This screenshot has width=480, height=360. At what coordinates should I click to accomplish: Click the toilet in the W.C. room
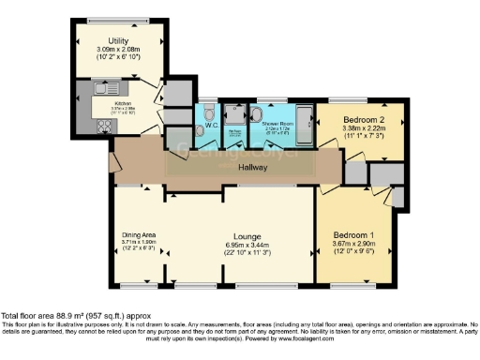[x=208, y=114]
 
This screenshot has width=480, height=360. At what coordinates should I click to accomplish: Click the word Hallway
[x=251, y=168]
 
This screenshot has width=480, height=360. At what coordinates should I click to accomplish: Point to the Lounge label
[x=247, y=236]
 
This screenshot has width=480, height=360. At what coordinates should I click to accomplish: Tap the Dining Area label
[x=138, y=234]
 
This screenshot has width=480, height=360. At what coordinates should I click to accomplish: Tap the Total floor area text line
[x=76, y=317]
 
